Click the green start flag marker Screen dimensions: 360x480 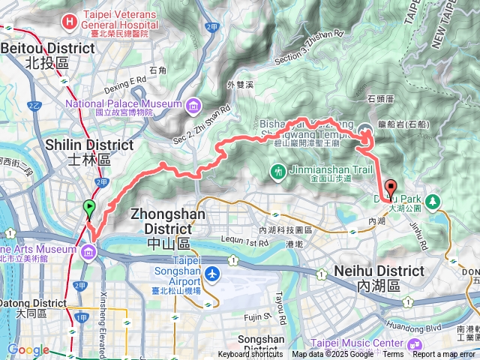coord(89,208)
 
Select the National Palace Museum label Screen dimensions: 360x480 coord(124,103)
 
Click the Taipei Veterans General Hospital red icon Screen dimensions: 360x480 coord(69,22)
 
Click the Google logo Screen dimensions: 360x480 coord(28,349)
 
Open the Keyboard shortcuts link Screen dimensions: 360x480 coord(250,355)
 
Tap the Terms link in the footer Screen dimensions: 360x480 coord(393,355)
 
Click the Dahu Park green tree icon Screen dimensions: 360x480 coord(433,201)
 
